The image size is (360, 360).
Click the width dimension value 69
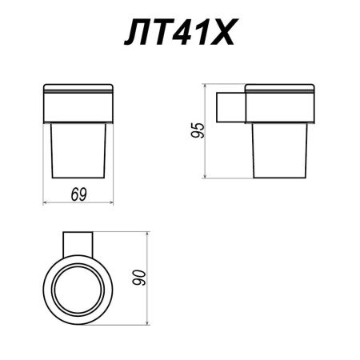coord(78,194)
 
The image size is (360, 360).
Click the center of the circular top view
coord(78,286)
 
